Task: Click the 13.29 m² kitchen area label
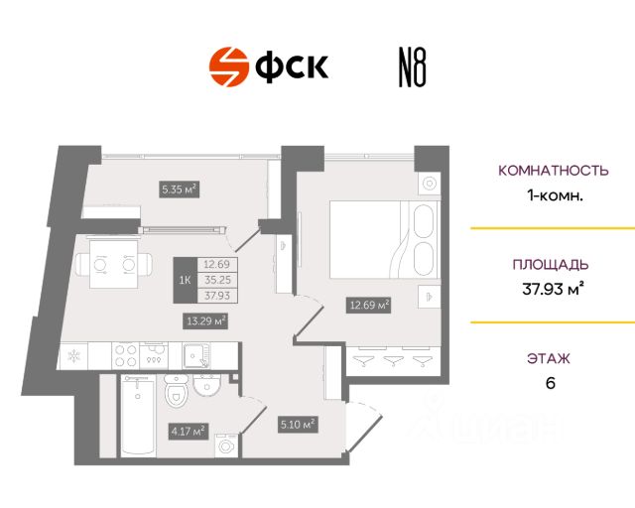point(206,319)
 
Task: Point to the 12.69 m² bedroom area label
point(367,305)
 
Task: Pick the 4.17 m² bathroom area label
point(186,430)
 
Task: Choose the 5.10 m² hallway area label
point(297,425)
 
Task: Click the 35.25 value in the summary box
point(216,279)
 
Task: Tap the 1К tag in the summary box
point(185,279)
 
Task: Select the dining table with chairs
point(111,265)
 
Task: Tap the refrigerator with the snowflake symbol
point(74,355)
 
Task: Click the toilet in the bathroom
point(177,395)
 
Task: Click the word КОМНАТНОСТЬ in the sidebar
point(554,171)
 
